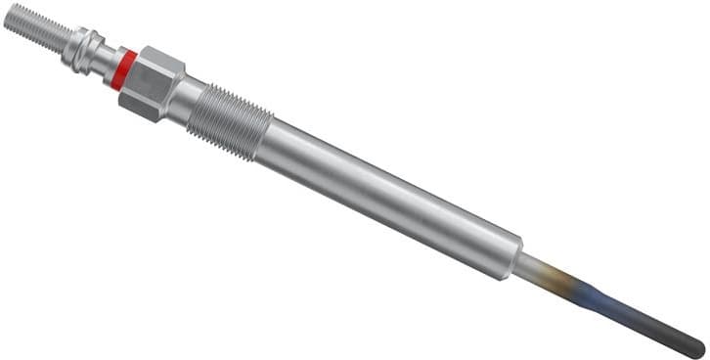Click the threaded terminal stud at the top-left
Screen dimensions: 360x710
click(33, 28)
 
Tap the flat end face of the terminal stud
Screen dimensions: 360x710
click(8, 17)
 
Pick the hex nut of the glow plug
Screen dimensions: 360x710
click(155, 83)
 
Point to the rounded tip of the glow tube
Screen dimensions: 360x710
click(697, 346)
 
